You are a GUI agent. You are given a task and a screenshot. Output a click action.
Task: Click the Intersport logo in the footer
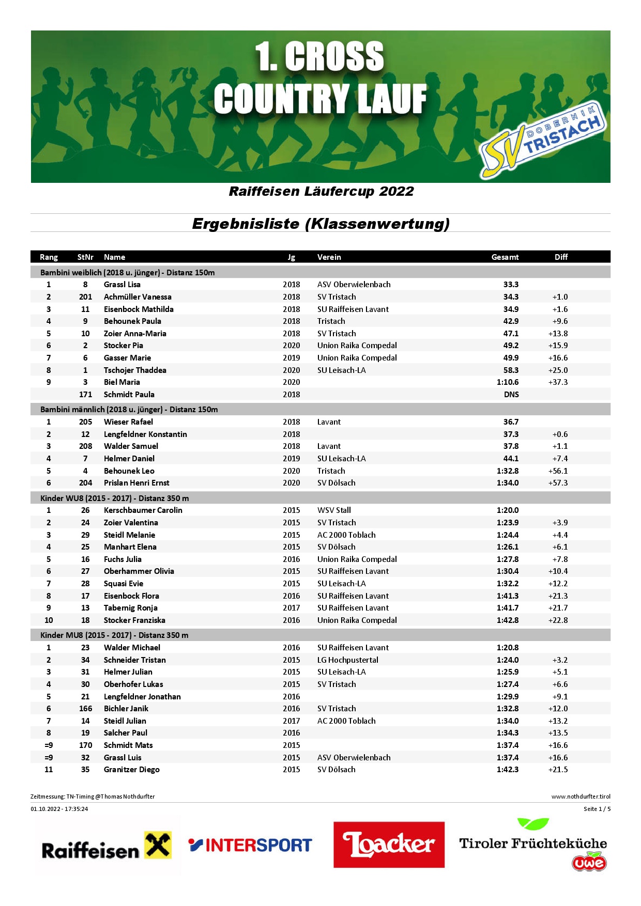[x=250, y=845]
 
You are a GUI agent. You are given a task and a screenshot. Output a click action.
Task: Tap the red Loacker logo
[x=389, y=845]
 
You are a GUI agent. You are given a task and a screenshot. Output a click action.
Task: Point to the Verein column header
[x=329, y=257]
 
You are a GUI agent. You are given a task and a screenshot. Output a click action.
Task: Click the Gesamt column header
[x=505, y=257]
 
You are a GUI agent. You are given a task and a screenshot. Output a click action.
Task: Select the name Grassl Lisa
[x=122, y=285]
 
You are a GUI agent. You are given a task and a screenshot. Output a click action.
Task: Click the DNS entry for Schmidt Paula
[x=511, y=395]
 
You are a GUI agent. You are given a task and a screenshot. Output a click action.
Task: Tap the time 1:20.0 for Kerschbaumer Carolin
[x=508, y=510]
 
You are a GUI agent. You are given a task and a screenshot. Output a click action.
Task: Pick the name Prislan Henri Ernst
[x=136, y=483]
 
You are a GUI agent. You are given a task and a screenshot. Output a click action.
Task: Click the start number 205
[x=86, y=422]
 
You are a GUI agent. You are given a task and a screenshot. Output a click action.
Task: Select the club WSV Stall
[x=334, y=510]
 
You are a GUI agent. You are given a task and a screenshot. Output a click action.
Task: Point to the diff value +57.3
[x=558, y=483]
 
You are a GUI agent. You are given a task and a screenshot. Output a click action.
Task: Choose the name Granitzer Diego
[x=132, y=770]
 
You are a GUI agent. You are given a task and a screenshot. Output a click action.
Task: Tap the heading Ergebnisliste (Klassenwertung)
[x=320, y=224]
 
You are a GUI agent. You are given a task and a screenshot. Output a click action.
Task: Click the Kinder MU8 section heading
[x=114, y=635]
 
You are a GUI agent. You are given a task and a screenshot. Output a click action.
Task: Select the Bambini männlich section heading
[x=129, y=410]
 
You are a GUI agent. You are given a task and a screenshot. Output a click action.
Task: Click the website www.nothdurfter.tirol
[x=581, y=796]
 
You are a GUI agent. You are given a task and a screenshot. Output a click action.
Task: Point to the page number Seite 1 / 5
[x=597, y=809]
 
